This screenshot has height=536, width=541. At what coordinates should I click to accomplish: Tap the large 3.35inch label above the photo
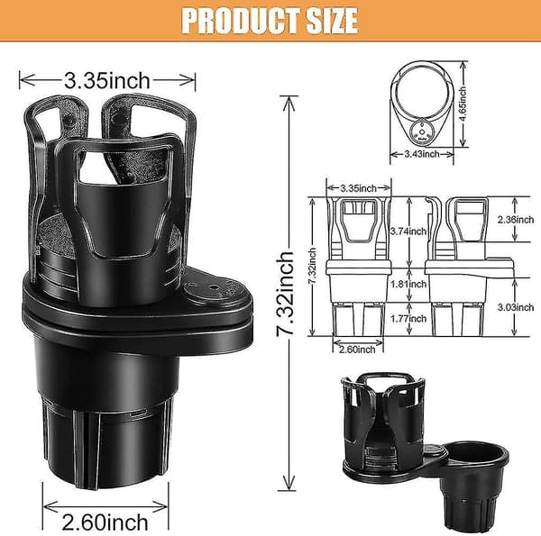pos(107,81)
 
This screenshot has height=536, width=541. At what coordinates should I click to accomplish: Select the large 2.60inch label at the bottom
pos(105,522)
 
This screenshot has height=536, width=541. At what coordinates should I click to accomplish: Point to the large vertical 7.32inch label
pos(286,294)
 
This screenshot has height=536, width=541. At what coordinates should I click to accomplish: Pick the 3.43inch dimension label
pos(422,154)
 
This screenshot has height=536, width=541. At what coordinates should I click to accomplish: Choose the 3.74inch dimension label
pos(408,231)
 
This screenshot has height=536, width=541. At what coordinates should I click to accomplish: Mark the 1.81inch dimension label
pos(408,284)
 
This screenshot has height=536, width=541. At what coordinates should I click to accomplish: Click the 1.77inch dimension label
pos(408,319)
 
